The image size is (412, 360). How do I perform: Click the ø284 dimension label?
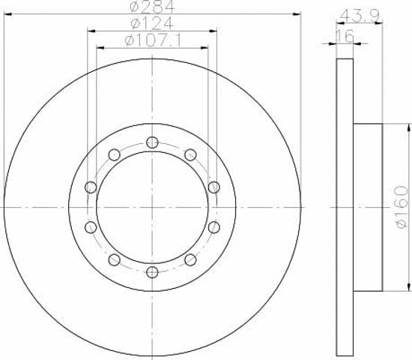152,7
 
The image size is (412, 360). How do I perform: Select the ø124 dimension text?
152,23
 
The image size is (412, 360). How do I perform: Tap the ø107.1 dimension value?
153,40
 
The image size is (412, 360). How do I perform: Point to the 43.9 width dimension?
360,16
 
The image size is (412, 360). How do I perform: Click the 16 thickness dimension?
345,36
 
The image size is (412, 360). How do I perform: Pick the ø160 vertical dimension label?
402,207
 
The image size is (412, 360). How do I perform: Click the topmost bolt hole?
152,142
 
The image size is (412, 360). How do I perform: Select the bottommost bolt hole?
152,272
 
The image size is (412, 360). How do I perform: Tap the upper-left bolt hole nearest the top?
115,154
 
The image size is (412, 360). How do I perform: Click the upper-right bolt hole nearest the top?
190,154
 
